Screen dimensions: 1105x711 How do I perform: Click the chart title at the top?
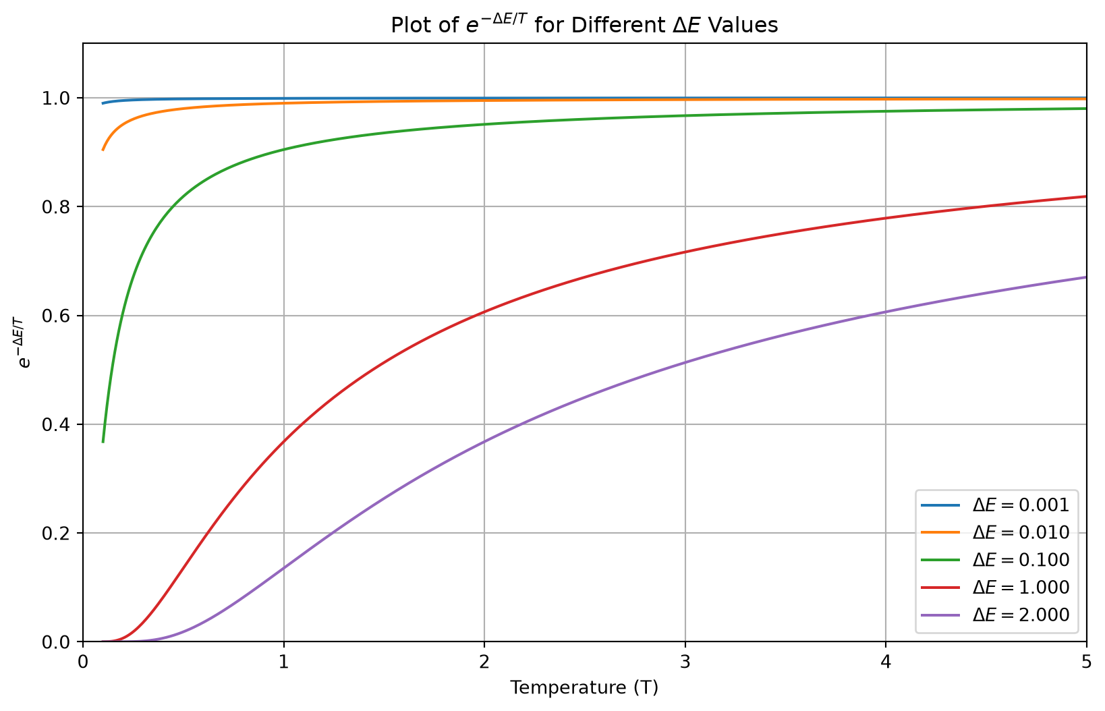coord(584,25)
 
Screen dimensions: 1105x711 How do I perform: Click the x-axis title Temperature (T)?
coord(584,688)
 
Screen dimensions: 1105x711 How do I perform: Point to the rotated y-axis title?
coord(23,343)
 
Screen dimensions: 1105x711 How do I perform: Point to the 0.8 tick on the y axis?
coord(57,206)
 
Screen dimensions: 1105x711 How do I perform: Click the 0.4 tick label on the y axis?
coord(57,424)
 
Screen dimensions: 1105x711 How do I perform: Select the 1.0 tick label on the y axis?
coord(57,98)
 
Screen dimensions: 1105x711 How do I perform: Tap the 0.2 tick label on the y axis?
coord(57,534)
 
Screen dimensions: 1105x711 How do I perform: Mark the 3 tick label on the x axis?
coord(685,662)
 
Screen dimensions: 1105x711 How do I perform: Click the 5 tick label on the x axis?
coord(1086,662)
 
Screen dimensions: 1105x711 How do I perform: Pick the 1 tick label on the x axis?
coord(283,662)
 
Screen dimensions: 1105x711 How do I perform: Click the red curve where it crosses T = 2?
coord(484,312)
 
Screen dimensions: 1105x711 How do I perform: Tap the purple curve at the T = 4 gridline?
coord(886,312)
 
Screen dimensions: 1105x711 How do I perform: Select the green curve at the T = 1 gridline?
coord(283,149)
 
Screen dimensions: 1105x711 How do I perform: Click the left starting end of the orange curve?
coord(103,150)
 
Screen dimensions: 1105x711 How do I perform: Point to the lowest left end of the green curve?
coord(103,442)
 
